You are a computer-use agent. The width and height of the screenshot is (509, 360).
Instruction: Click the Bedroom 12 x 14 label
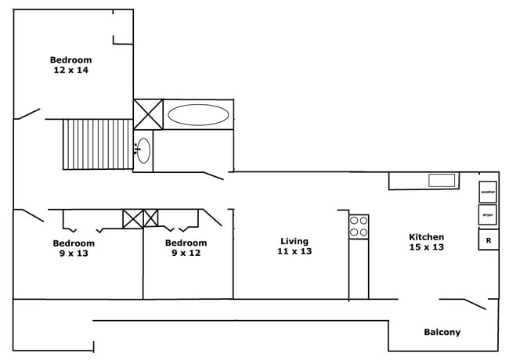(x=71, y=65)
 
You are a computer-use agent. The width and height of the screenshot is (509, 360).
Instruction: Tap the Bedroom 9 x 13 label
(x=73, y=247)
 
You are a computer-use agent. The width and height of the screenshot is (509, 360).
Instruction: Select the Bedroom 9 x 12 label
(x=186, y=247)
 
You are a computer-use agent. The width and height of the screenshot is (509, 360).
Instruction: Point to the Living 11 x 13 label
(x=294, y=247)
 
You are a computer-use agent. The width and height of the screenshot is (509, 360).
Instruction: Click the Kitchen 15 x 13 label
(x=427, y=242)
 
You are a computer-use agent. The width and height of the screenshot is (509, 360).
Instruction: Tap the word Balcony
(x=442, y=332)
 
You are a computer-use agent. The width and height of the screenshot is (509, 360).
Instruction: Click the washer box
(x=488, y=192)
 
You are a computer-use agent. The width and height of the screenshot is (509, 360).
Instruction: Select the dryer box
(x=488, y=214)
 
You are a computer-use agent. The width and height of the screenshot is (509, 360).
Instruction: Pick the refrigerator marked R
(x=488, y=239)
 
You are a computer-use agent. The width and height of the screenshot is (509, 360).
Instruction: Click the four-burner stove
(x=359, y=227)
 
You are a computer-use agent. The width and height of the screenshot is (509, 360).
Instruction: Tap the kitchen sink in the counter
(x=442, y=181)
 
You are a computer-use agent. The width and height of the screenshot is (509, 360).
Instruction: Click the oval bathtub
(x=199, y=115)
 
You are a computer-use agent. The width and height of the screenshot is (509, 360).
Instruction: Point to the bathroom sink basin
(x=144, y=149)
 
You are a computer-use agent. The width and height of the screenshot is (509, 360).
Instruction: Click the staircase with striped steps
(x=98, y=144)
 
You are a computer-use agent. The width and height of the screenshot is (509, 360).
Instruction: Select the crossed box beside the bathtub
(x=148, y=114)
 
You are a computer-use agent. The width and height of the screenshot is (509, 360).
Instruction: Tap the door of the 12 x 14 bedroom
(x=27, y=114)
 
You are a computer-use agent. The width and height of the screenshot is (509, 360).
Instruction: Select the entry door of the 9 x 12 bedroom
(x=213, y=217)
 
